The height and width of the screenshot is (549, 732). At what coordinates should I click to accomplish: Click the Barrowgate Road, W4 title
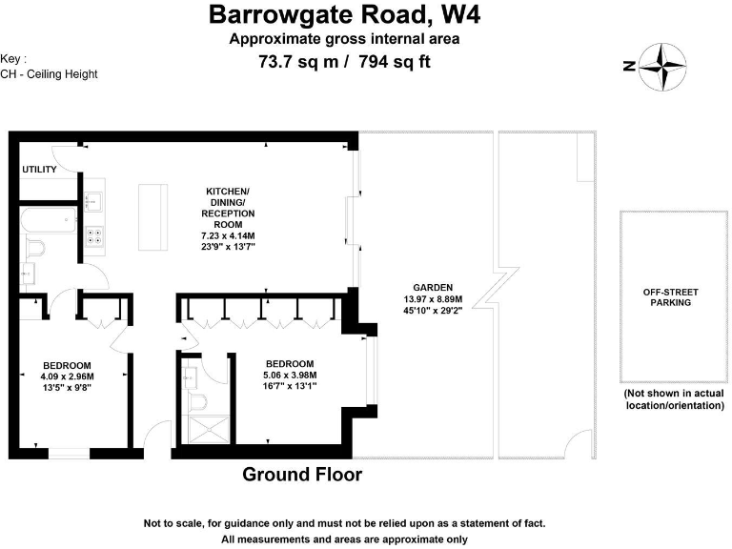[345, 14]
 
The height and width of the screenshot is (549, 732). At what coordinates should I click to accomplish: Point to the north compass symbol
[661, 67]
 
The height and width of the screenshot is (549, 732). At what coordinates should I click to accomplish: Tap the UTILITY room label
[39, 170]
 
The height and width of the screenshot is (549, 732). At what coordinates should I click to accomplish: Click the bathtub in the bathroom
[50, 220]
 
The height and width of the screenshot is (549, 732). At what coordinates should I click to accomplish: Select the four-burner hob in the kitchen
[96, 236]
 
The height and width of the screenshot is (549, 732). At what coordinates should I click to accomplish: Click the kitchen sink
[93, 201]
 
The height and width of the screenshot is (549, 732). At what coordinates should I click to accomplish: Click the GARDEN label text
[433, 287]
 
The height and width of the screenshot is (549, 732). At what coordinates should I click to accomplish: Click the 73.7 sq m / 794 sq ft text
[345, 63]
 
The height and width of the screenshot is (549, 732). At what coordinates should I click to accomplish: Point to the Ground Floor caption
[302, 474]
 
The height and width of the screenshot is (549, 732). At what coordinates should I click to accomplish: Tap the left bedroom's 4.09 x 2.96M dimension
[67, 376]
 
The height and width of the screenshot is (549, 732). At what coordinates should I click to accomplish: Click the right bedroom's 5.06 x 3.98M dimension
[290, 376]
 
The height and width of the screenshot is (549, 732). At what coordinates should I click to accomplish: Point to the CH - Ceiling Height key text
[49, 73]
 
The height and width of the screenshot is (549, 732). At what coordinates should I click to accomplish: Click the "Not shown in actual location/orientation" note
[674, 399]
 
